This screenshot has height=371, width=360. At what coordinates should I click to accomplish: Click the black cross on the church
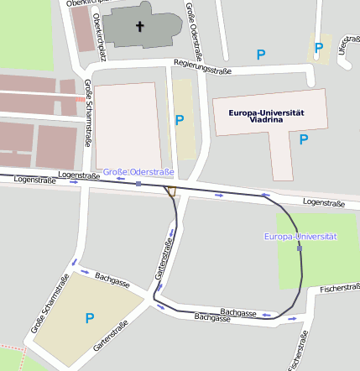pyautogui.click(x=140, y=27)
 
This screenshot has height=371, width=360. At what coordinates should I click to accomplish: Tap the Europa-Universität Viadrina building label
pyautogui.click(x=259, y=116)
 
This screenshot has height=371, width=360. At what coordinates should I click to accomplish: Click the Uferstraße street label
pyautogui.click(x=342, y=44)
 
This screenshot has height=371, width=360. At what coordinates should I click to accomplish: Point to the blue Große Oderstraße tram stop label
pyautogui.click(x=138, y=172)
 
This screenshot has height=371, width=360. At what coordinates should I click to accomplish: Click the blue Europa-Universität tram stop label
pyautogui.click(x=300, y=238)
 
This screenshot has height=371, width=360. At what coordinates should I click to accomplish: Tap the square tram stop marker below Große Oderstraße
pyautogui.click(x=138, y=182)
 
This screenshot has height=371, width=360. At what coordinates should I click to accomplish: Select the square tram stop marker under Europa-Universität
pyautogui.click(x=300, y=248)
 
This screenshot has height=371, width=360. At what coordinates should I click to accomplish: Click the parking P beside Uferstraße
pyautogui.click(x=318, y=48)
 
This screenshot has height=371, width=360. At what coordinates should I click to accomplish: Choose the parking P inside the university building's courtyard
pyautogui.click(x=304, y=139)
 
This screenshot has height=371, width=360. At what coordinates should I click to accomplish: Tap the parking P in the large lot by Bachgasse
pyautogui.click(x=90, y=318)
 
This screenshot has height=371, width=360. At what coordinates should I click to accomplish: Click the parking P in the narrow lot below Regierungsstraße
pyautogui.click(x=179, y=121)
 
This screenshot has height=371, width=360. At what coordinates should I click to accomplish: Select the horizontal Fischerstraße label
pyautogui.click(x=339, y=288)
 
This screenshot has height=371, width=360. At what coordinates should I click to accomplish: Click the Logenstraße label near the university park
pyautogui.click(x=323, y=202)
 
